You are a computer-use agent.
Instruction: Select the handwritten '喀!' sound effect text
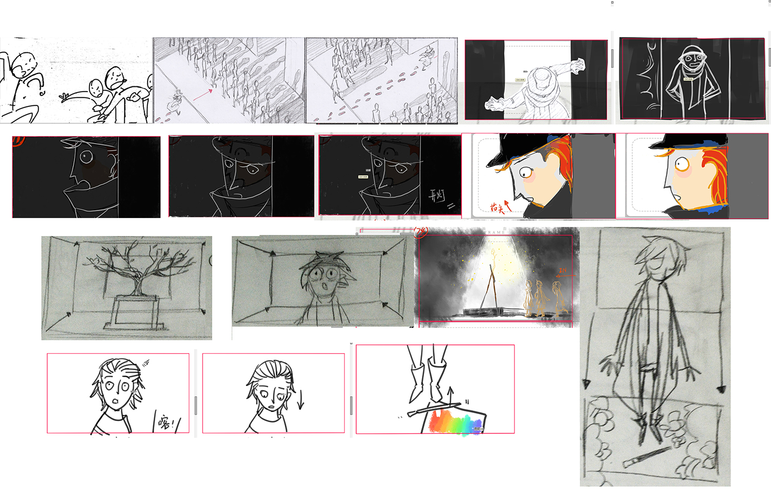[x=166, y=422]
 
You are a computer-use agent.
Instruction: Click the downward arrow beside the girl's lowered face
[x=301, y=399]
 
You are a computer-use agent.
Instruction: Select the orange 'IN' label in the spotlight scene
[x=563, y=270]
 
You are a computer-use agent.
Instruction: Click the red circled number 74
[x=421, y=231]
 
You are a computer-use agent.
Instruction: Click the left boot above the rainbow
[x=417, y=380]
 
